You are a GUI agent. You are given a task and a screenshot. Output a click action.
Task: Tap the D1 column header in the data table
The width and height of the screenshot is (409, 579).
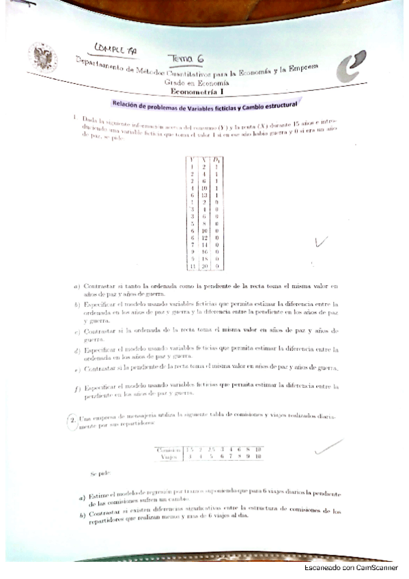216,160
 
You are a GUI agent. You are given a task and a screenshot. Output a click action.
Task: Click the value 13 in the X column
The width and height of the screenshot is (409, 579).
203,195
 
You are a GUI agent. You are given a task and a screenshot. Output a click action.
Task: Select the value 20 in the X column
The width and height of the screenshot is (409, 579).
203,266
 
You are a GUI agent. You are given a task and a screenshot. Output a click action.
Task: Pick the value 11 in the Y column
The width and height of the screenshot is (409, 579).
193,266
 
